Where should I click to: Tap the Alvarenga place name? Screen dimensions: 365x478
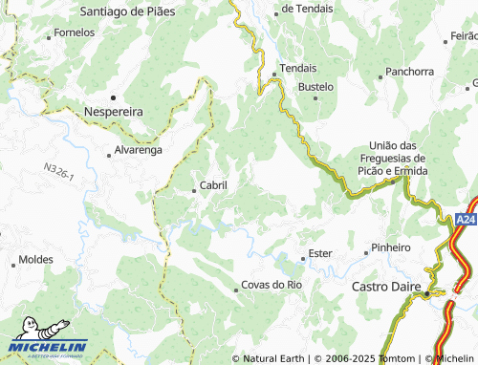138,151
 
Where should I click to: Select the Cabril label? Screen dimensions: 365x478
211,185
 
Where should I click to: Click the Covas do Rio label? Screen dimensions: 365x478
272,285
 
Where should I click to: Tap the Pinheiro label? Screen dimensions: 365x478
390,247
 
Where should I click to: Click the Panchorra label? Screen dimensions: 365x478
411,72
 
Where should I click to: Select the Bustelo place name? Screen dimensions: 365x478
315,86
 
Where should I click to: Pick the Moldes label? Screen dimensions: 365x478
36,260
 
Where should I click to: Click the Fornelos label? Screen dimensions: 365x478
75,32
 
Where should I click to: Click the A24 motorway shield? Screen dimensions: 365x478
466,220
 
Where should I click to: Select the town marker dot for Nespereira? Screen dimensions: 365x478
112,97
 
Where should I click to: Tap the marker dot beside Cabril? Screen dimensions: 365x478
194,190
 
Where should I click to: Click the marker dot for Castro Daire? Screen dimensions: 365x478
426,294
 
